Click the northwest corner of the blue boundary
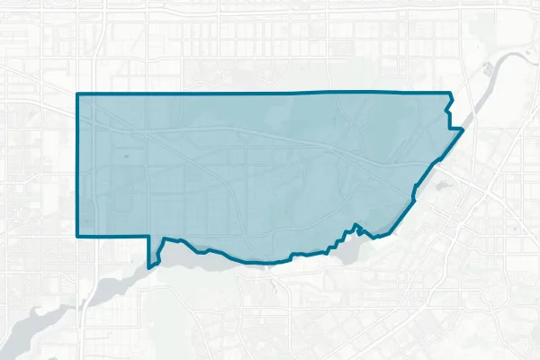(77, 94)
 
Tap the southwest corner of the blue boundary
(78, 235)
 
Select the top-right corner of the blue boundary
(449, 93)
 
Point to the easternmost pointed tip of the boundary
(463, 130)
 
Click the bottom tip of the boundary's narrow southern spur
(150, 267)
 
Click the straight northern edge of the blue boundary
(270, 93)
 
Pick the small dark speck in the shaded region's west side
(125, 157)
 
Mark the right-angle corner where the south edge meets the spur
(149, 236)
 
